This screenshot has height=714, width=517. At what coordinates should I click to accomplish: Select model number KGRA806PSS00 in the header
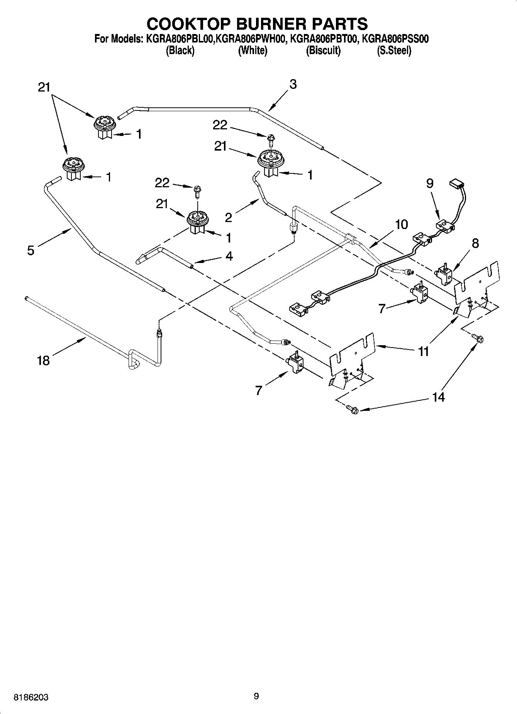[x=395, y=39]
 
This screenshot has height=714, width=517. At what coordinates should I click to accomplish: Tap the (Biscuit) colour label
[x=323, y=51]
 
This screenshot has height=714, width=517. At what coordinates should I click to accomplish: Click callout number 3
[x=293, y=84]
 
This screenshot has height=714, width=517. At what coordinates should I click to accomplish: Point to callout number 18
[x=43, y=361]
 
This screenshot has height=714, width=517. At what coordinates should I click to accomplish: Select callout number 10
[x=401, y=224]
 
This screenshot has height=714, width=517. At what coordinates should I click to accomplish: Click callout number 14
[x=438, y=397]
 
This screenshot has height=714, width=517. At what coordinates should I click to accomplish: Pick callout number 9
[x=430, y=183]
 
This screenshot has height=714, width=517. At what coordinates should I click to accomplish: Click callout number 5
[x=31, y=250]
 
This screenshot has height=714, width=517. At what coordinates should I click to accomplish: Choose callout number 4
[x=229, y=256]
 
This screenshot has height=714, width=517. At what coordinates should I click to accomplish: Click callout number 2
[x=228, y=218]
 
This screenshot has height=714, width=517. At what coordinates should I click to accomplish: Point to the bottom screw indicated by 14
[x=352, y=409]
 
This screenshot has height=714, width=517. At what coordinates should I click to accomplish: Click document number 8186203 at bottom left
[x=31, y=697]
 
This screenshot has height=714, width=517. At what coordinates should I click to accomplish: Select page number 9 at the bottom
[x=256, y=696]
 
